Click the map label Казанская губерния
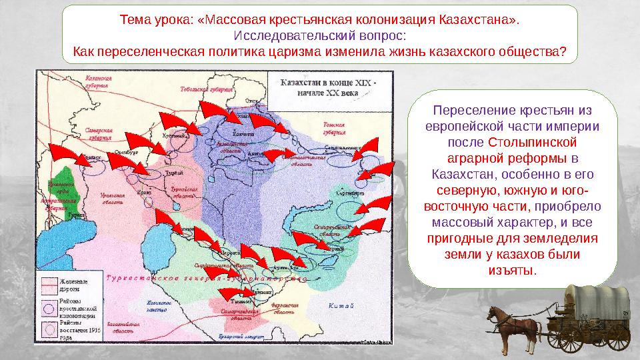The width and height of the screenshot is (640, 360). pos(98,81)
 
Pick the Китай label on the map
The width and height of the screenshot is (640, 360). pos(341,306)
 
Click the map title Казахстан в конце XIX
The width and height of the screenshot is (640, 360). pos(327,87)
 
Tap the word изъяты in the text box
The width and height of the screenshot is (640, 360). pos(512,270)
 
